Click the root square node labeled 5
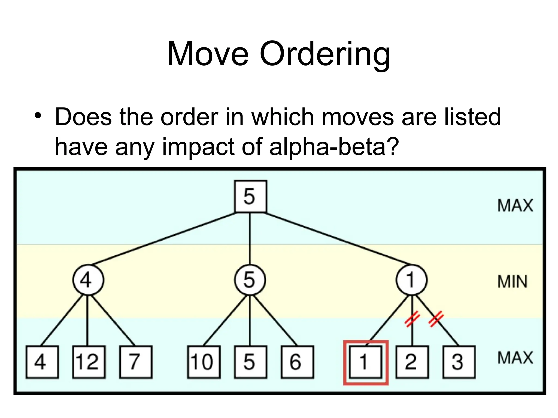click(x=250, y=196)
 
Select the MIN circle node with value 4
click(x=88, y=280)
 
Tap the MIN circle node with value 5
click(x=250, y=280)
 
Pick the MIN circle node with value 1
click(x=411, y=280)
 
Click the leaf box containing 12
click(x=89, y=362)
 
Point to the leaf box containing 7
click(x=136, y=362)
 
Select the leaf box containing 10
click(x=204, y=362)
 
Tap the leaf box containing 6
click(x=297, y=362)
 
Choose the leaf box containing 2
click(x=412, y=362)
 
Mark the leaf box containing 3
click(x=459, y=362)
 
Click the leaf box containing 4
click(x=42, y=362)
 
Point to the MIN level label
click(x=512, y=282)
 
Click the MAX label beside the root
click(x=515, y=205)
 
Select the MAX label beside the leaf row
click(x=515, y=358)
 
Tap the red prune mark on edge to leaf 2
click(x=412, y=319)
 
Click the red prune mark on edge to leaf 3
click(x=436, y=319)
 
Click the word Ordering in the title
click(x=325, y=54)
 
